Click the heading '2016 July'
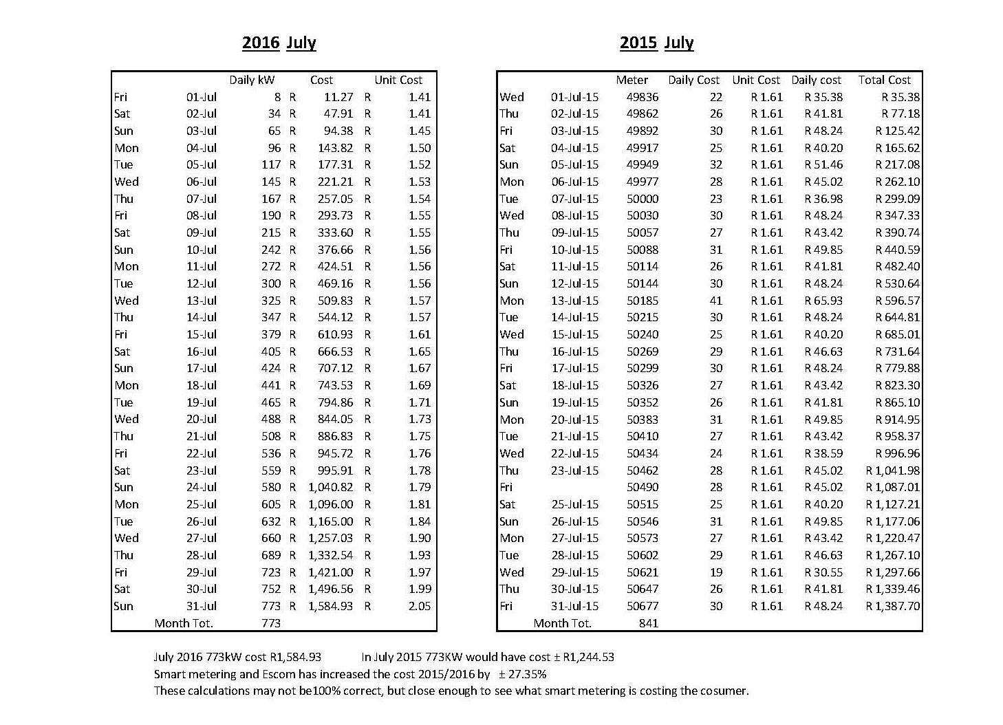pyautogui.click(x=279, y=43)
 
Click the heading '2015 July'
pyautogui.click(x=656, y=43)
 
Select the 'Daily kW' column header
pyautogui.click(x=252, y=80)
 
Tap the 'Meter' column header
pyautogui.click(x=632, y=80)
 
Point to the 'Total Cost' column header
pyautogui.click(x=884, y=80)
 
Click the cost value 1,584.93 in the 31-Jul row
pyautogui.click(x=331, y=606)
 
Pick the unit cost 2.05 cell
pyautogui.click(x=419, y=606)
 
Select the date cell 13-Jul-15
pyautogui.click(x=574, y=301)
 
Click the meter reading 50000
pyautogui.click(x=643, y=199)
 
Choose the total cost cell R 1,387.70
pyautogui.click(x=892, y=606)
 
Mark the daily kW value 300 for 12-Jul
pyautogui.click(x=271, y=283)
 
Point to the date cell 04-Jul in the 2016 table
pyautogui.click(x=201, y=148)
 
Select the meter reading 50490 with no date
pyautogui.click(x=643, y=487)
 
